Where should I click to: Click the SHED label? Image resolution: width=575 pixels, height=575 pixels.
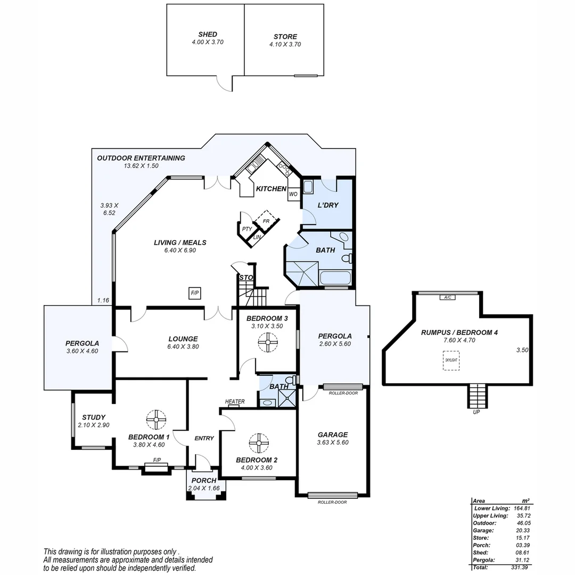click(207, 34)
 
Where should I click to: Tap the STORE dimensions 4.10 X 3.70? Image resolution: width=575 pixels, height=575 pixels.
click(285, 45)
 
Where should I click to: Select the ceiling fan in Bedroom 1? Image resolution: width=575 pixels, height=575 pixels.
click(157, 420)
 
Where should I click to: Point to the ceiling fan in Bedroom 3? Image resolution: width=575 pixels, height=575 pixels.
click(268, 343)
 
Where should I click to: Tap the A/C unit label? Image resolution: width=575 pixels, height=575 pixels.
click(447, 297)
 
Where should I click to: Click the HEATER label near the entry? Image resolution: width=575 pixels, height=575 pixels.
click(234, 401)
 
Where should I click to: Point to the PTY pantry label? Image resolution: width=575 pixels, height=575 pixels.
click(247, 229)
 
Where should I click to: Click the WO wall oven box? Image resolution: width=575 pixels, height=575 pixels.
click(293, 194)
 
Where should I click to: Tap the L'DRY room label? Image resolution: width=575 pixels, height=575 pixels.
click(327, 205)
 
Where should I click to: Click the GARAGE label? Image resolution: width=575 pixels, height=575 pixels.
click(332, 434)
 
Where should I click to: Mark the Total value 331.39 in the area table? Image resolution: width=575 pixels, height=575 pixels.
click(519, 568)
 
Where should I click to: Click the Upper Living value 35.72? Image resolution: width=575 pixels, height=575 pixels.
click(519, 516)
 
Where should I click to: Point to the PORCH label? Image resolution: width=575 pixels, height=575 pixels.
click(204, 481)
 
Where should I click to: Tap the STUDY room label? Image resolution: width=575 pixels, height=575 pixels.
click(94, 417)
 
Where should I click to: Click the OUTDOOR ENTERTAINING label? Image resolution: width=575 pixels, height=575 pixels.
click(141, 158)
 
